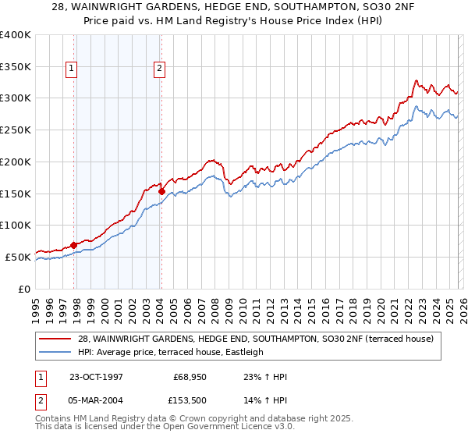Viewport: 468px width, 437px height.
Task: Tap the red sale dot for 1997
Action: point(74,245)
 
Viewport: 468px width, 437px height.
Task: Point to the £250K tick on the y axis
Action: point(16,130)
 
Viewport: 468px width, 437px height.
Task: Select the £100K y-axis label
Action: point(16,225)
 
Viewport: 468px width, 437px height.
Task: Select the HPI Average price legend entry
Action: point(171,352)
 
